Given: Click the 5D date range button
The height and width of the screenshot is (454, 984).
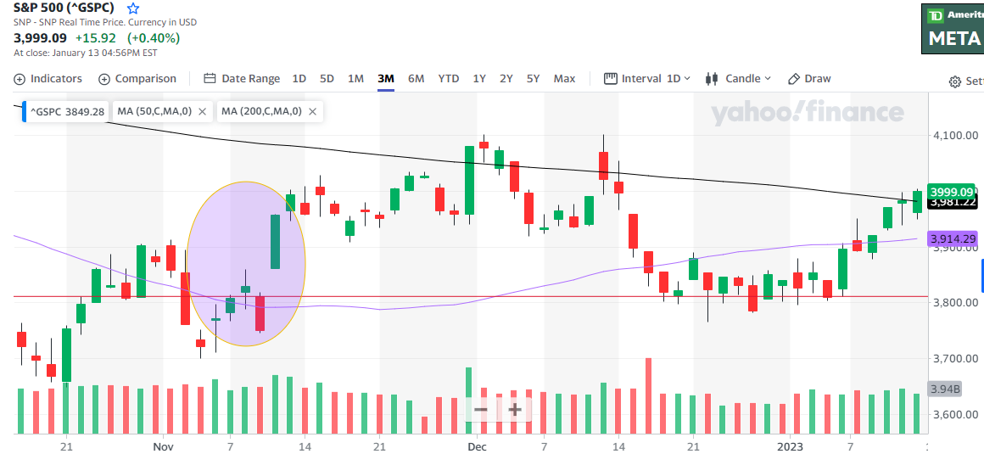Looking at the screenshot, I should point(327,79).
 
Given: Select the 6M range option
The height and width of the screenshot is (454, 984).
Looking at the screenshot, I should point(416,79).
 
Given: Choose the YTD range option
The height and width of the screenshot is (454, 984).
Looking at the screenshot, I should point(449,79).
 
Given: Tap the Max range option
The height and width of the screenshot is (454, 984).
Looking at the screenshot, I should point(564,79).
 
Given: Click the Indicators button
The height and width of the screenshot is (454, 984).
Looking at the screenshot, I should point(48,79).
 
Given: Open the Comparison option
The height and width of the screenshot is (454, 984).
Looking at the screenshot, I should point(137,79).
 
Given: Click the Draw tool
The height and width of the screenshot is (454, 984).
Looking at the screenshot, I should point(809,79).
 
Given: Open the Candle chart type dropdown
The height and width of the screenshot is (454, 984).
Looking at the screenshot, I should point(737,79).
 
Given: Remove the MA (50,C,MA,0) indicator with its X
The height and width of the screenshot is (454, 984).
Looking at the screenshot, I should point(202,111).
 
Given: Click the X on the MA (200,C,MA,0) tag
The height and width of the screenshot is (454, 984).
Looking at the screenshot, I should point(312,111).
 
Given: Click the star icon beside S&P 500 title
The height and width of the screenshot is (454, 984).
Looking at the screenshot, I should point(132,8).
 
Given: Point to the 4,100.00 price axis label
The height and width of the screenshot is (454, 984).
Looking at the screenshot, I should point(955,136).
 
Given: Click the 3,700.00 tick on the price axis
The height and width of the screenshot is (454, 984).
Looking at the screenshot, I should point(955,359).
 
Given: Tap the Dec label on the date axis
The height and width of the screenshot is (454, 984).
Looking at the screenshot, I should point(477,446).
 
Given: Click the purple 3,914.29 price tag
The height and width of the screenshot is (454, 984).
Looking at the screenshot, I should point(954,240).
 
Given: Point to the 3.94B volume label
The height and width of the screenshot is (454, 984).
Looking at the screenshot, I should point(944,390).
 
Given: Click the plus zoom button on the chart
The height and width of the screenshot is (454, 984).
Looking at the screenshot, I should point(514,410).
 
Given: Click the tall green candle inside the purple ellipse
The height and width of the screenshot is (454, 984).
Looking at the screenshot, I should point(275,242).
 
